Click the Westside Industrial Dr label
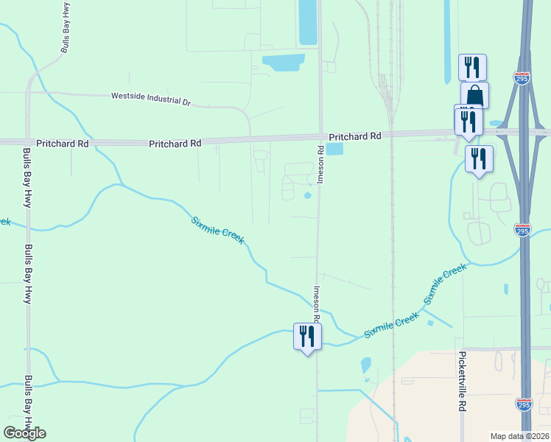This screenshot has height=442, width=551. [150, 97]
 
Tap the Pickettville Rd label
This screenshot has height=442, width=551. [463, 381]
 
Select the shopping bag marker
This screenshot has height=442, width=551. [474, 95]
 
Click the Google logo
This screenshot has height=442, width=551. [24, 433]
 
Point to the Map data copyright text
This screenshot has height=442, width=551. [519, 436]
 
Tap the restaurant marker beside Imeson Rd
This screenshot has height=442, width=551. [307, 337]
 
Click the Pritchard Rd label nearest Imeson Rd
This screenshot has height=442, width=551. [355, 136]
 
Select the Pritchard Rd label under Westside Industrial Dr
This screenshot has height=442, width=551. [175, 144]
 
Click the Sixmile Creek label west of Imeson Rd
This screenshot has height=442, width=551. [217, 231]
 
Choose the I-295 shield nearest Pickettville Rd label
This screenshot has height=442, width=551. [522, 404]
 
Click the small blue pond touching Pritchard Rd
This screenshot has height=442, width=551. [334, 150]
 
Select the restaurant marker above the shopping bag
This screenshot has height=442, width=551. [471, 68]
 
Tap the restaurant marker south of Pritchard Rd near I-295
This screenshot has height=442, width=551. [479, 158]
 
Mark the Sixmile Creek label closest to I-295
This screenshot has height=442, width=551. [445, 284]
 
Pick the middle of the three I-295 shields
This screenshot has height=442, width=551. [522, 231]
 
